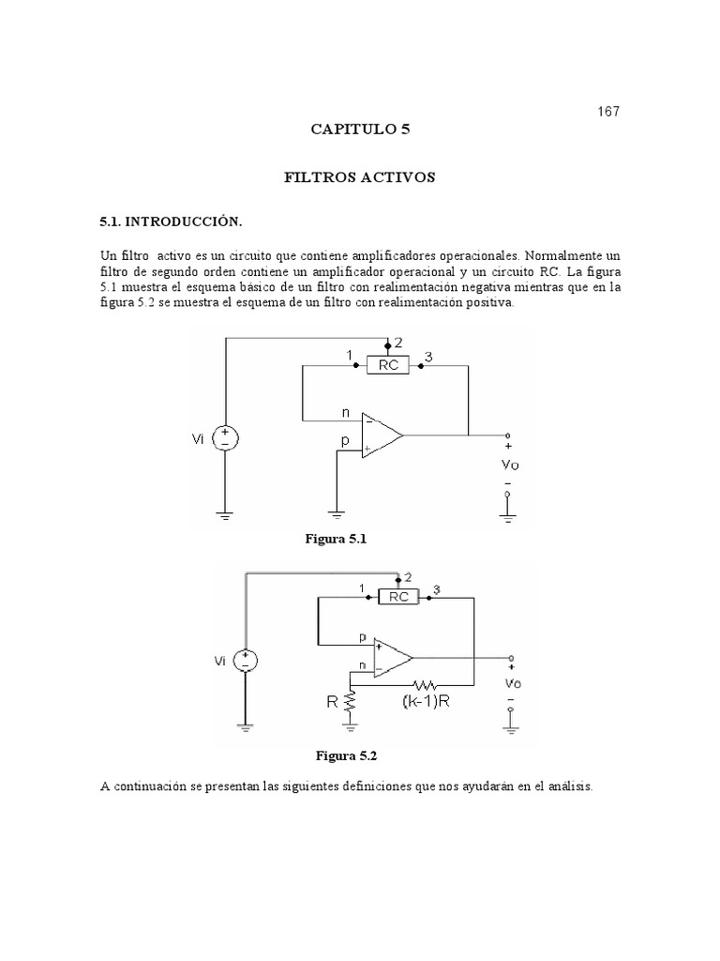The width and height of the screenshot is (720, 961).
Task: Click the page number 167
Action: (x=608, y=112)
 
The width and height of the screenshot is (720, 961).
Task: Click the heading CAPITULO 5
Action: (x=361, y=130)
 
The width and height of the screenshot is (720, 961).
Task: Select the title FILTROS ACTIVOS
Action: (x=360, y=176)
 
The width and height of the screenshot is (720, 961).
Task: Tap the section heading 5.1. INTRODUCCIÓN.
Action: (x=172, y=221)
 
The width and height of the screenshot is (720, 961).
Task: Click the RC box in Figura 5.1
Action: (x=388, y=365)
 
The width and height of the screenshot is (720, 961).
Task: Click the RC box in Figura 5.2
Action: (x=398, y=595)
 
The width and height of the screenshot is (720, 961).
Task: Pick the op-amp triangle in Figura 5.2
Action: (x=392, y=657)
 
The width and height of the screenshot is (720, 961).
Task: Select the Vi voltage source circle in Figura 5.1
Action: (x=226, y=438)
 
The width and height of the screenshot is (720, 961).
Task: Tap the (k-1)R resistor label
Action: (x=427, y=701)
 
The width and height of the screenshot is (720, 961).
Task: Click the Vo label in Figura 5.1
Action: (x=508, y=464)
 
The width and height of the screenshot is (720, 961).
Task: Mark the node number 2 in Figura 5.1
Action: (x=398, y=343)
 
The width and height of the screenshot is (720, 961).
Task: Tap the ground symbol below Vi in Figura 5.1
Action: (x=225, y=515)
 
